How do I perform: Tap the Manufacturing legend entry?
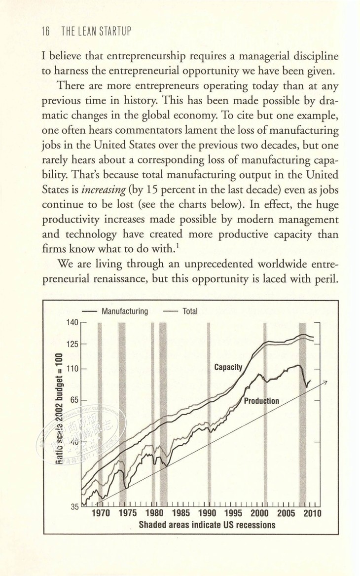click(x=124, y=311)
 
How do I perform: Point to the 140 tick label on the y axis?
click(x=72, y=323)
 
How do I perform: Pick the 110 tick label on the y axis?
click(x=72, y=368)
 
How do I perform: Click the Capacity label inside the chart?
click(x=228, y=367)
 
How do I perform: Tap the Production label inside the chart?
click(x=261, y=401)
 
